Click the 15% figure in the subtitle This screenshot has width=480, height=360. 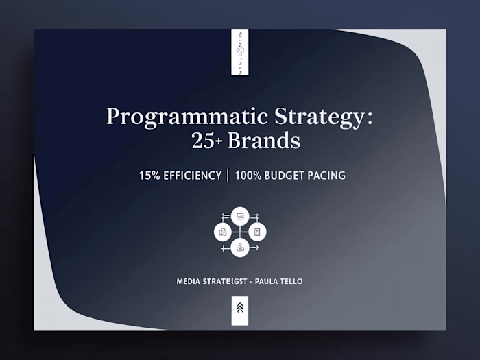[150, 176]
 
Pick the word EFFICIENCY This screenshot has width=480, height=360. [192, 176]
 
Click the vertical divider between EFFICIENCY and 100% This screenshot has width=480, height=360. [228, 176]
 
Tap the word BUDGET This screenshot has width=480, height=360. [286, 176]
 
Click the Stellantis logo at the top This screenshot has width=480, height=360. [240, 52]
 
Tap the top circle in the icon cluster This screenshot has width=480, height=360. [240, 216]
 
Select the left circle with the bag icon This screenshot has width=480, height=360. [223, 232]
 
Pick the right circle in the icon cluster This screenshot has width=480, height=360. [257, 232]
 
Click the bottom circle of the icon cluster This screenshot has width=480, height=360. [240, 248]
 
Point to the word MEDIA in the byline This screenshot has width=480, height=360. [188, 281]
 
